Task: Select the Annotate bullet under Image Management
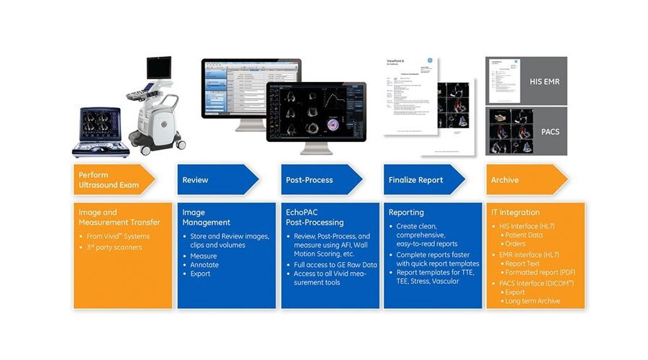point(205,264)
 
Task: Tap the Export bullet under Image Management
point(202,274)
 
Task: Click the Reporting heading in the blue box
point(407,212)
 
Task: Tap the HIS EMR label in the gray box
point(546,81)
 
